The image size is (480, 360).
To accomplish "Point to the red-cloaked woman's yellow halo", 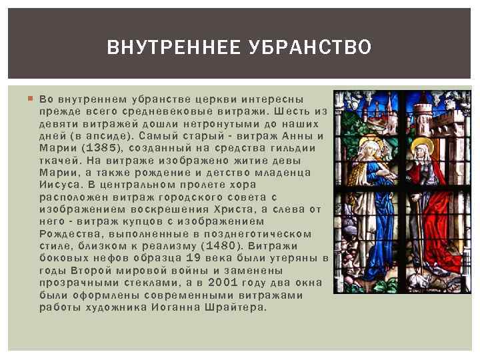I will pos(421,145).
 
